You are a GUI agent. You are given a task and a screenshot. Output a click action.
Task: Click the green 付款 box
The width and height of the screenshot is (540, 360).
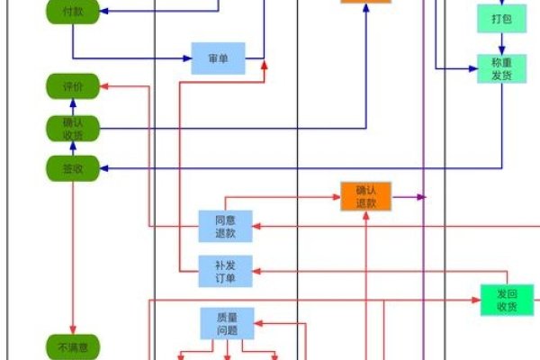[72, 12]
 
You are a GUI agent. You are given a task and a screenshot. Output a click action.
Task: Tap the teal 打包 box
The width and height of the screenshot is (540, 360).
[500, 18]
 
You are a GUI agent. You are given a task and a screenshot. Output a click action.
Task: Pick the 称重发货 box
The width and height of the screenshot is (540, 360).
[500, 68]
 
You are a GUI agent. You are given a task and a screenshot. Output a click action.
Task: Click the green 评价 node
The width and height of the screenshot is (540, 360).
[72, 86]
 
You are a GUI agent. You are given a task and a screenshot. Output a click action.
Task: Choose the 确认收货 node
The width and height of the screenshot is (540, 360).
[72, 129]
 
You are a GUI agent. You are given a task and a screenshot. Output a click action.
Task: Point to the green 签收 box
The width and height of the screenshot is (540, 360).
[72, 167]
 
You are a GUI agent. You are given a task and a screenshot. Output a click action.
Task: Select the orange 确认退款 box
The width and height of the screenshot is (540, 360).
[366, 196]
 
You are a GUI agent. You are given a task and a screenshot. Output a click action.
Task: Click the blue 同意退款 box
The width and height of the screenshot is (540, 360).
[225, 226]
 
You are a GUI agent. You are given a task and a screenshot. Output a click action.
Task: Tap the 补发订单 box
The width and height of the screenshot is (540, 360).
[225, 271]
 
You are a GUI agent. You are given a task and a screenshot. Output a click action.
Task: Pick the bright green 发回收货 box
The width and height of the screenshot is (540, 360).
[507, 300]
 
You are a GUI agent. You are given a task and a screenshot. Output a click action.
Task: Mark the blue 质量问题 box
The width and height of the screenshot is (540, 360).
[225, 324]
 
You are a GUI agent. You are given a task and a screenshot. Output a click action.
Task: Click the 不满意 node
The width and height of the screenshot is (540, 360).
[72, 346]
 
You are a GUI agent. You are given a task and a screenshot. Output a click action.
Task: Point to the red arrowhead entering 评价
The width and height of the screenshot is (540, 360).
[103, 86]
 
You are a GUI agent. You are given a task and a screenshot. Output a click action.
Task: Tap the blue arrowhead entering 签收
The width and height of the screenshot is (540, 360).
[103, 167]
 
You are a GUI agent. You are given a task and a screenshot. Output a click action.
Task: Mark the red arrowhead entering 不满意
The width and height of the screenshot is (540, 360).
[72, 329]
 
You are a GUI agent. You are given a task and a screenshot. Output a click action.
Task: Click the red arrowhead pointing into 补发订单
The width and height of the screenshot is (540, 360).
[257, 271]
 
